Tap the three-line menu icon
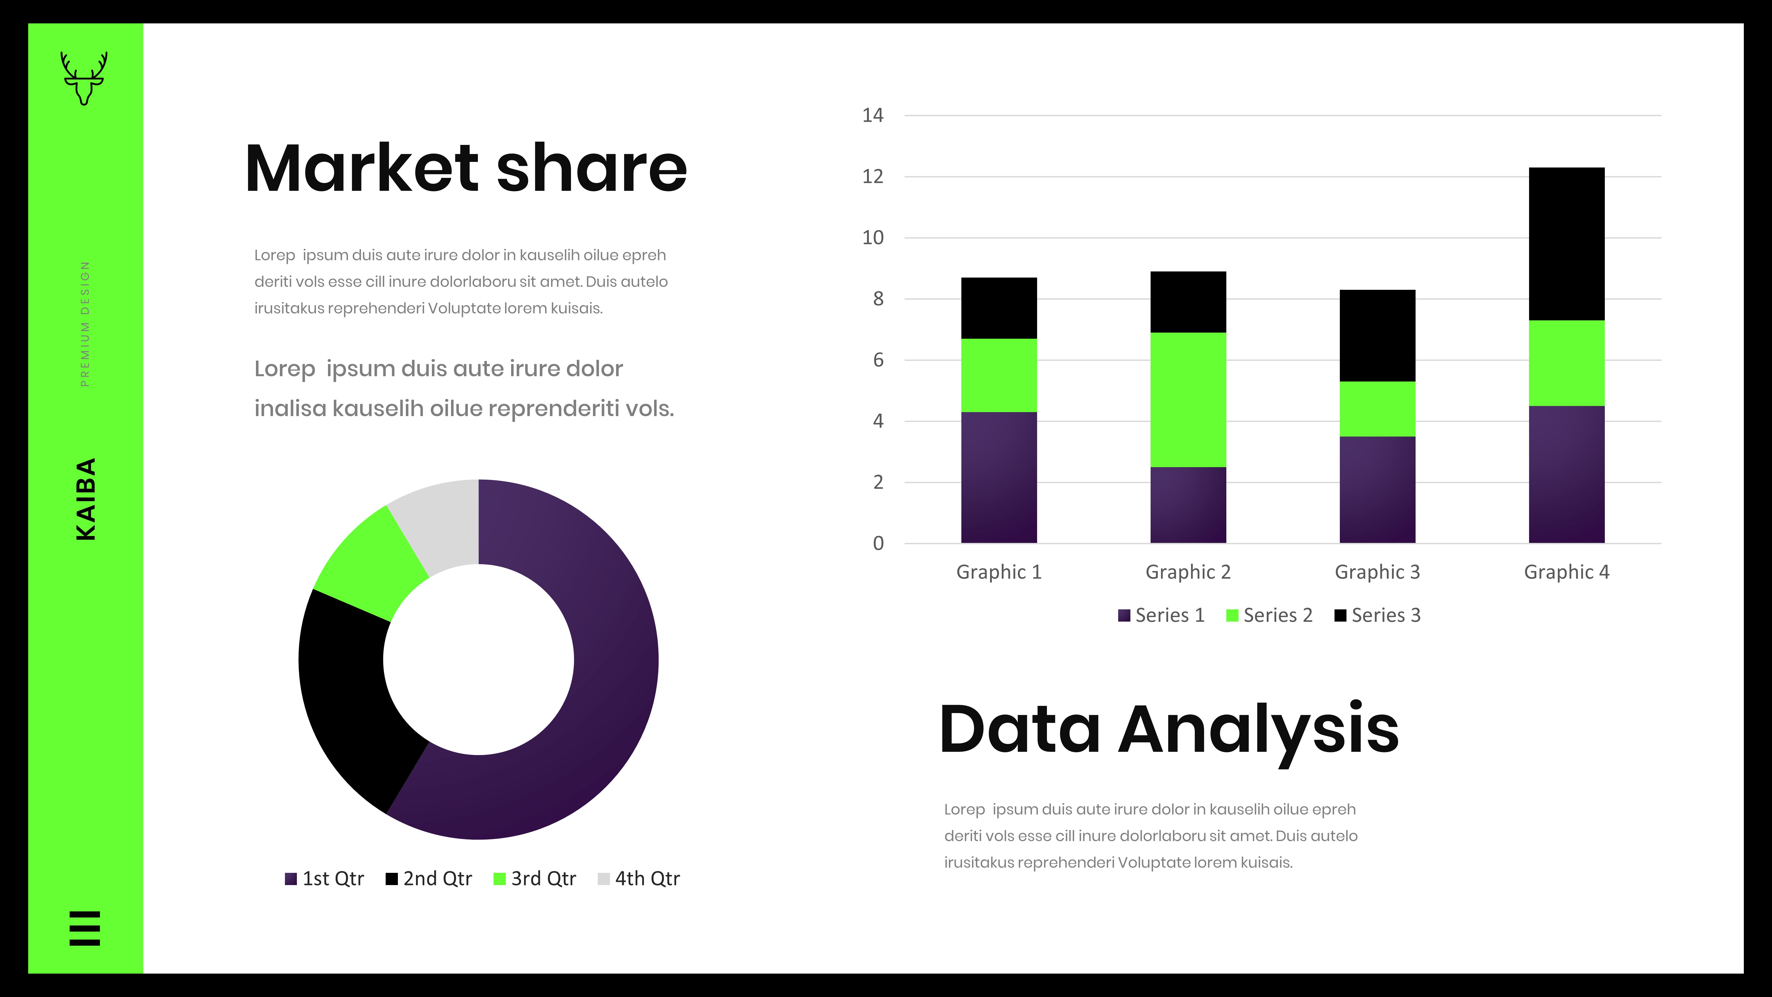(x=85, y=928)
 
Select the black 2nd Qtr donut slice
(x=351, y=695)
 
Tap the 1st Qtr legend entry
(x=324, y=879)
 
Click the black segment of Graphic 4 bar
(x=1566, y=244)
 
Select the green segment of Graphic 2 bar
(x=1188, y=400)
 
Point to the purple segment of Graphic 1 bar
(x=999, y=477)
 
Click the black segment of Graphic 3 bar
(x=1377, y=336)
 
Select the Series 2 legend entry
(x=1269, y=615)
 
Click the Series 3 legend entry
(x=1377, y=615)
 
